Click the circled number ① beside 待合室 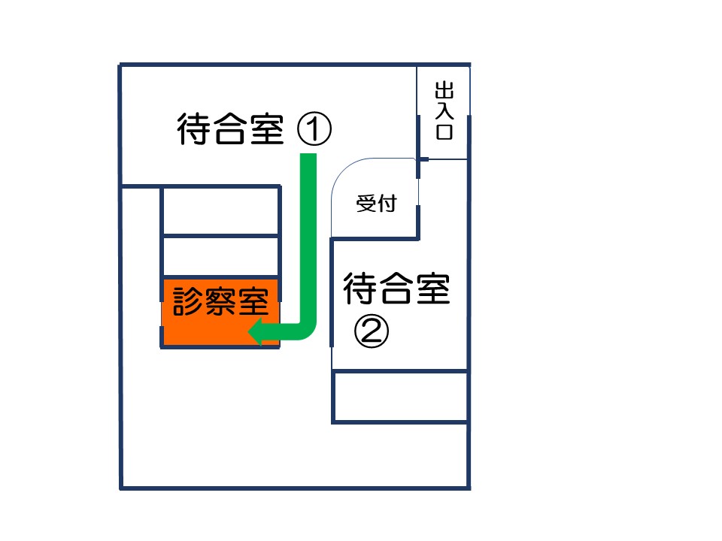tap(314, 129)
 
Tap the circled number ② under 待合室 tap(371, 331)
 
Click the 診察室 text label tap(220, 302)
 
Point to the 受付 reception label tap(377, 203)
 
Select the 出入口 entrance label tap(444, 111)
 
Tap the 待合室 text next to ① tap(230, 128)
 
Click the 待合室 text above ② tap(396, 288)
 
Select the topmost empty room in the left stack tap(221, 210)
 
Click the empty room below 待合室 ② tap(400, 396)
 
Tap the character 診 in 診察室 tap(188, 302)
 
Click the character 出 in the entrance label tap(444, 90)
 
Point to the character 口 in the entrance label tap(444, 131)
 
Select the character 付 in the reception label tap(387, 203)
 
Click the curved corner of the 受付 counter tap(343, 171)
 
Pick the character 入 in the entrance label tap(444, 111)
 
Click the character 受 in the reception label tap(366, 203)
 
